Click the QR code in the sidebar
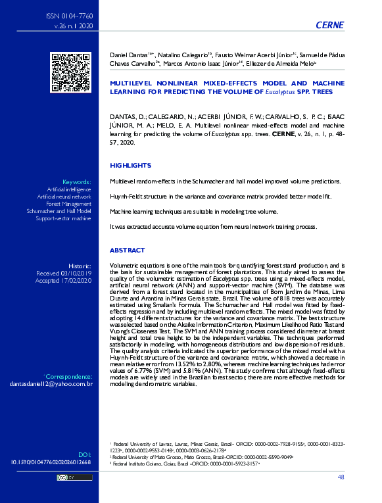(70, 72)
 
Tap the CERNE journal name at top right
(330, 25)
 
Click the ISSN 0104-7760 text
(69, 14)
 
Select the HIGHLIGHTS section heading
(131, 165)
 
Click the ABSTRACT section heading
(128, 251)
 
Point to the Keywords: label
(76, 181)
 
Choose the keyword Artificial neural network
(64, 197)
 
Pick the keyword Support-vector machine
(63, 218)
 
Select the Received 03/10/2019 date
(63, 273)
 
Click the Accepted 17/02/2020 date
(64, 280)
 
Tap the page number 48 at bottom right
(340, 477)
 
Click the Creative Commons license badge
(64, 478)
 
